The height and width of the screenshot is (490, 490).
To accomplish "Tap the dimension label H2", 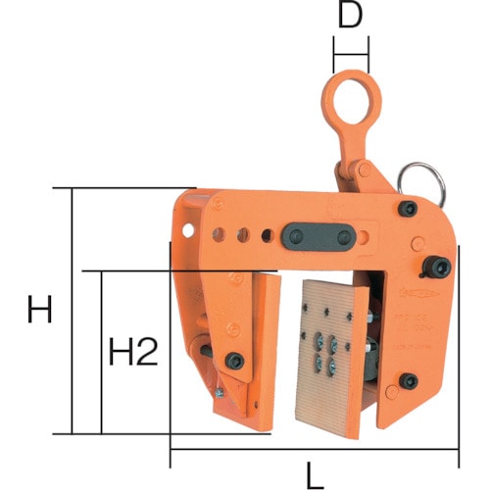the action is pos(133,352).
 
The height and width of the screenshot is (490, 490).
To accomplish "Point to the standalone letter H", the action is pos(39,309).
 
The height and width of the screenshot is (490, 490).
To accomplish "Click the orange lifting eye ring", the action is pos(351,75).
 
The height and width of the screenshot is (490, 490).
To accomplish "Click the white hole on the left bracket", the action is pos(188,230).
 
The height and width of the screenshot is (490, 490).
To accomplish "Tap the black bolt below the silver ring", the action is pos(408,209).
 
